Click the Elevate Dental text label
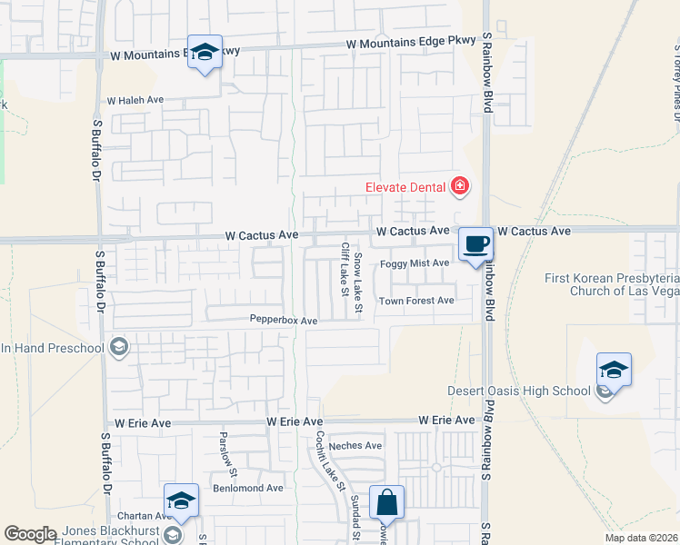pos(405,187)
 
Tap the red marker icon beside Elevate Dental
pos(460,187)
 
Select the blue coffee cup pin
pos(475,244)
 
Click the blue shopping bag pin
pos(386,502)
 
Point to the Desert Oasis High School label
pos(519,391)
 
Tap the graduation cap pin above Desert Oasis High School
pos(614,371)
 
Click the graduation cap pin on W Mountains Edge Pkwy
pos(205,53)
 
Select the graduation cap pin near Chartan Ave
pos(181,501)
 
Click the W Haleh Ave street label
pos(135,101)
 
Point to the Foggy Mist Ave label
pos(415,263)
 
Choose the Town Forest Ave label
pos(416,301)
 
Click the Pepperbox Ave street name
pos(284,321)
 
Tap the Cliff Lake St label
pos(345,269)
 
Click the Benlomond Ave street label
pos(248,488)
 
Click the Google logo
pos(29,534)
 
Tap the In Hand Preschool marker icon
pos(118,347)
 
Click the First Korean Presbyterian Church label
pos(612,284)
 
